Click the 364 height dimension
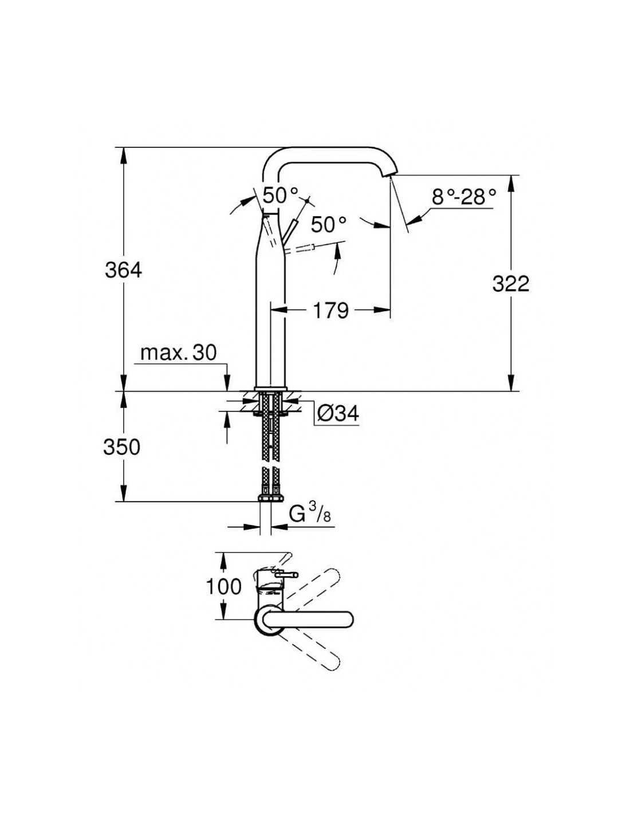click(x=123, y=270)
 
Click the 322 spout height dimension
click(x=510, y=284)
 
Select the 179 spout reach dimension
click(x=330, y=310)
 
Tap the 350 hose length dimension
click(x=121, y=448)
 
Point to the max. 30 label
click(x=178, y=353)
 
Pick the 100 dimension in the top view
click(x=223, y=586)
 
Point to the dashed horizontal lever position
click(x=299, y=249)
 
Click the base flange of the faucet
click(x=270, y=389)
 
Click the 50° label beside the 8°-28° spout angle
click(x=328, y=224)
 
